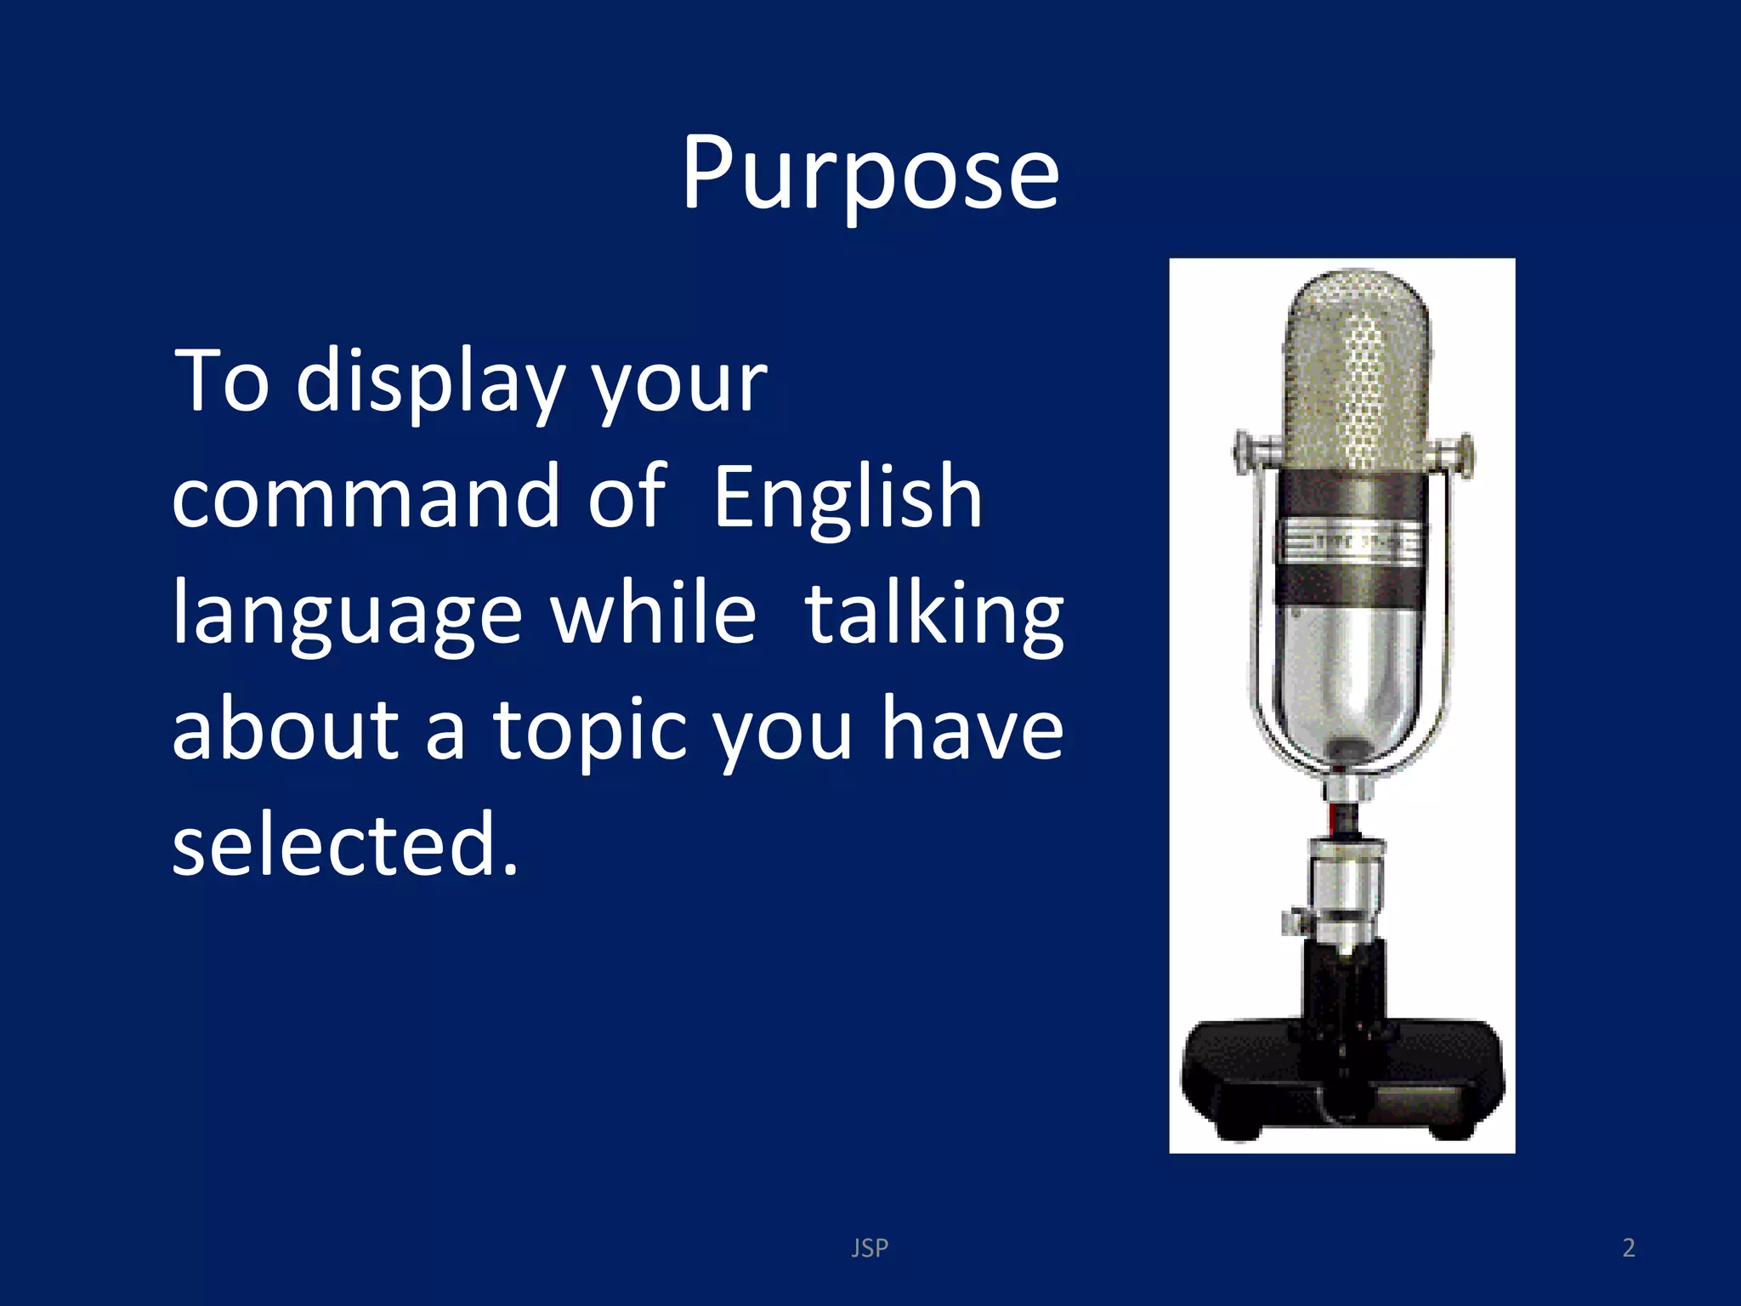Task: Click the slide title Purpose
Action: [870, 173]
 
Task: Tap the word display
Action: [430, 383]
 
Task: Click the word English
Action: [848, 500]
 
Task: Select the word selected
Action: [344, 844]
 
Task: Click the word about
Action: [285, 729]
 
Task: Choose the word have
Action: [972, 729]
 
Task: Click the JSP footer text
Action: [870, 1247]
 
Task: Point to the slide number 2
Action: [1628, 1247]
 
